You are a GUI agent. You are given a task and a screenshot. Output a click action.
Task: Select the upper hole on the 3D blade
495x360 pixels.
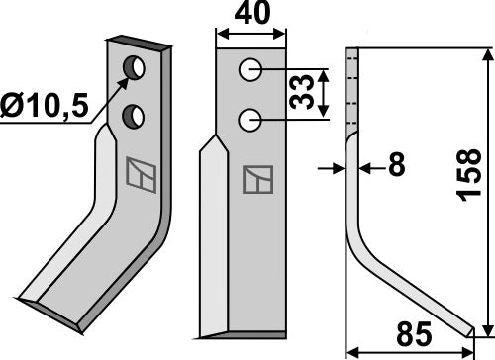[132, 69]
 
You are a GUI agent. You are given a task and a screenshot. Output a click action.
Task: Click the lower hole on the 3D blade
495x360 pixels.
[130, 118]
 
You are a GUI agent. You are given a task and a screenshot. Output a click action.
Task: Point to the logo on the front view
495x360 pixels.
[252, 179]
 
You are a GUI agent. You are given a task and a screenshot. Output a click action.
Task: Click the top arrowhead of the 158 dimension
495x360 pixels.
[484, 51]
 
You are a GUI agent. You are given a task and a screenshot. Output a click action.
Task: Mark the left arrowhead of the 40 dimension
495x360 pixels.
[221, 34]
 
